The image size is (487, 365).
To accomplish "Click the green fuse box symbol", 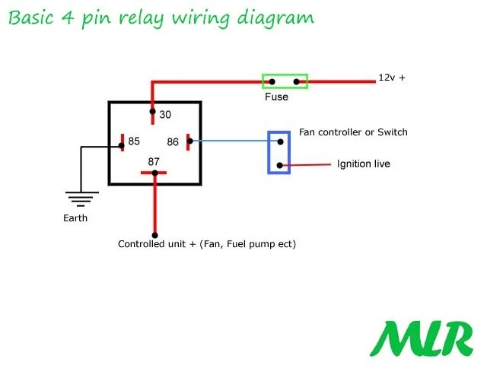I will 285,80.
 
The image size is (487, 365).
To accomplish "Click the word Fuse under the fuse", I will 276,97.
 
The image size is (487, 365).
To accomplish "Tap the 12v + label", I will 392,78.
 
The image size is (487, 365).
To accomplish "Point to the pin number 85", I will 134,141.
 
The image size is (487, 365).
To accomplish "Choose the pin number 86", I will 173,141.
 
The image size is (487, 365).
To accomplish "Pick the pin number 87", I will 154,160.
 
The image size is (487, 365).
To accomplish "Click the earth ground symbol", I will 80,198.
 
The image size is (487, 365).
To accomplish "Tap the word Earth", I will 75,218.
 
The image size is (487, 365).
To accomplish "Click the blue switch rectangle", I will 279,152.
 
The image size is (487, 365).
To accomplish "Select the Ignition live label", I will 363,163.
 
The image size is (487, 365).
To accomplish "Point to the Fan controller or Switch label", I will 353,132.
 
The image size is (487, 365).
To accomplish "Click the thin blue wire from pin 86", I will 228,141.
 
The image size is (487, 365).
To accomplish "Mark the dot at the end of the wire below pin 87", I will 154,235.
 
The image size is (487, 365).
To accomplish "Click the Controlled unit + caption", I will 206,245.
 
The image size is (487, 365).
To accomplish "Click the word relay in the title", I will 149,17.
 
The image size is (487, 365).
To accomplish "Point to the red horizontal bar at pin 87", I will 154,173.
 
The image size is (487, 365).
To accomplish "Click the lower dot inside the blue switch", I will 281,165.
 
